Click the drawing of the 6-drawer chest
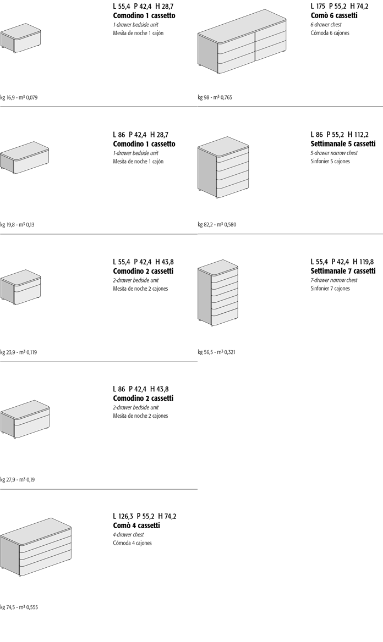pyautogui.click(x=242, y=42)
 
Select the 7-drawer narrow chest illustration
pyautogui.click(x=218, y=293)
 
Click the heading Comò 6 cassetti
pyautogui.click(x=334, y=15)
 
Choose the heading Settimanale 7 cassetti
pyautogui.click(x=343, y=271)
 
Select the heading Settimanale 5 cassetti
pyautogui.click(x=343, y=143)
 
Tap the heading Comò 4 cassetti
pyautogui.click(x=136, y=525)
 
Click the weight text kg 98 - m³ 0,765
pyautogui.click(x=215, y=97)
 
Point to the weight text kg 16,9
pyautogui.click(x=8, y=97)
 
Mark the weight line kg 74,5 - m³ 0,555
pyautogui.click(x=19, y=607)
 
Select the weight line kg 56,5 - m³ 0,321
pyautogui.click(x=216, y=352)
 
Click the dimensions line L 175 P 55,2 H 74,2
pyautogui.click(x=340, y=6)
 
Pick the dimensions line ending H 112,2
pyautogui.click(x=340, y=134)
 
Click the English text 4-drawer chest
pyautogui.click(x=128, y=535)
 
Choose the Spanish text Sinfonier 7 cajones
pyautogui.click(x=330, y=289)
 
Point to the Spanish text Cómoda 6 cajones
pyautogui.click(x=330, y=33)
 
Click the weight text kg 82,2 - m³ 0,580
pyautogui.click(x=217, y=225)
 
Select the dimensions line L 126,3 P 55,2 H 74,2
pyautogui.click(x=145, y=516)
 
